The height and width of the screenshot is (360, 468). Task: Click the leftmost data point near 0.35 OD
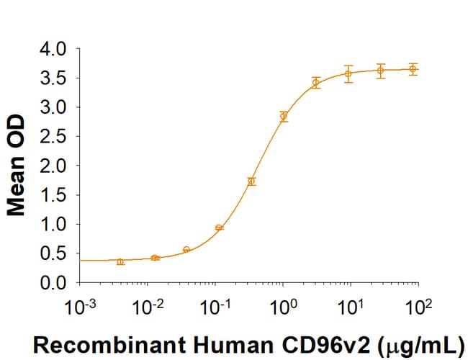[x=120, y=261]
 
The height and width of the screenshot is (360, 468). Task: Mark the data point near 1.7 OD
[x=251, y=181]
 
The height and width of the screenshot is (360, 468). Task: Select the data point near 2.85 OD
[x=284, y=116]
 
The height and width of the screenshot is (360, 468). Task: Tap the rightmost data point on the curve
[x=413, y=69]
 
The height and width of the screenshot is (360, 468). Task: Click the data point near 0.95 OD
[x=219, y=228]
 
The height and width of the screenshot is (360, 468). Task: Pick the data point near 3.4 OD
[x=315, y=83]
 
